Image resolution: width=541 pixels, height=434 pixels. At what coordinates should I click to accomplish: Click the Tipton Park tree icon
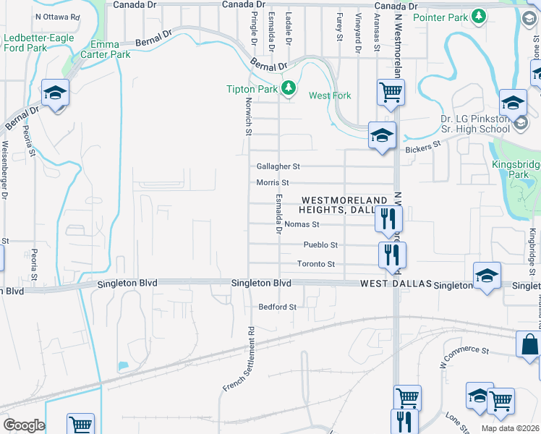coord(289,88)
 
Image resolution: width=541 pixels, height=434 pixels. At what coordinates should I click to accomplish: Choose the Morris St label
coord(273,183)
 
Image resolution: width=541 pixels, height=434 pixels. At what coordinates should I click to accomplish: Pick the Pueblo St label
coord(320,245)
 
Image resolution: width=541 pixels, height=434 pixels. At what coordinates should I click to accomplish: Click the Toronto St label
coord(316,264)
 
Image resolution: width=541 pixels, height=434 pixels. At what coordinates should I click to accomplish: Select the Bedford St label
coord(278,307)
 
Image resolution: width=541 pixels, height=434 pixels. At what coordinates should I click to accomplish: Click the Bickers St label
coord(423,147)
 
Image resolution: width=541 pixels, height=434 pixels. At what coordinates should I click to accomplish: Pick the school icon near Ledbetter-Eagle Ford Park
coord(54,93)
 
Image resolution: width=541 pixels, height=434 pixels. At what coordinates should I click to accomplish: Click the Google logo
coord(24,425)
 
